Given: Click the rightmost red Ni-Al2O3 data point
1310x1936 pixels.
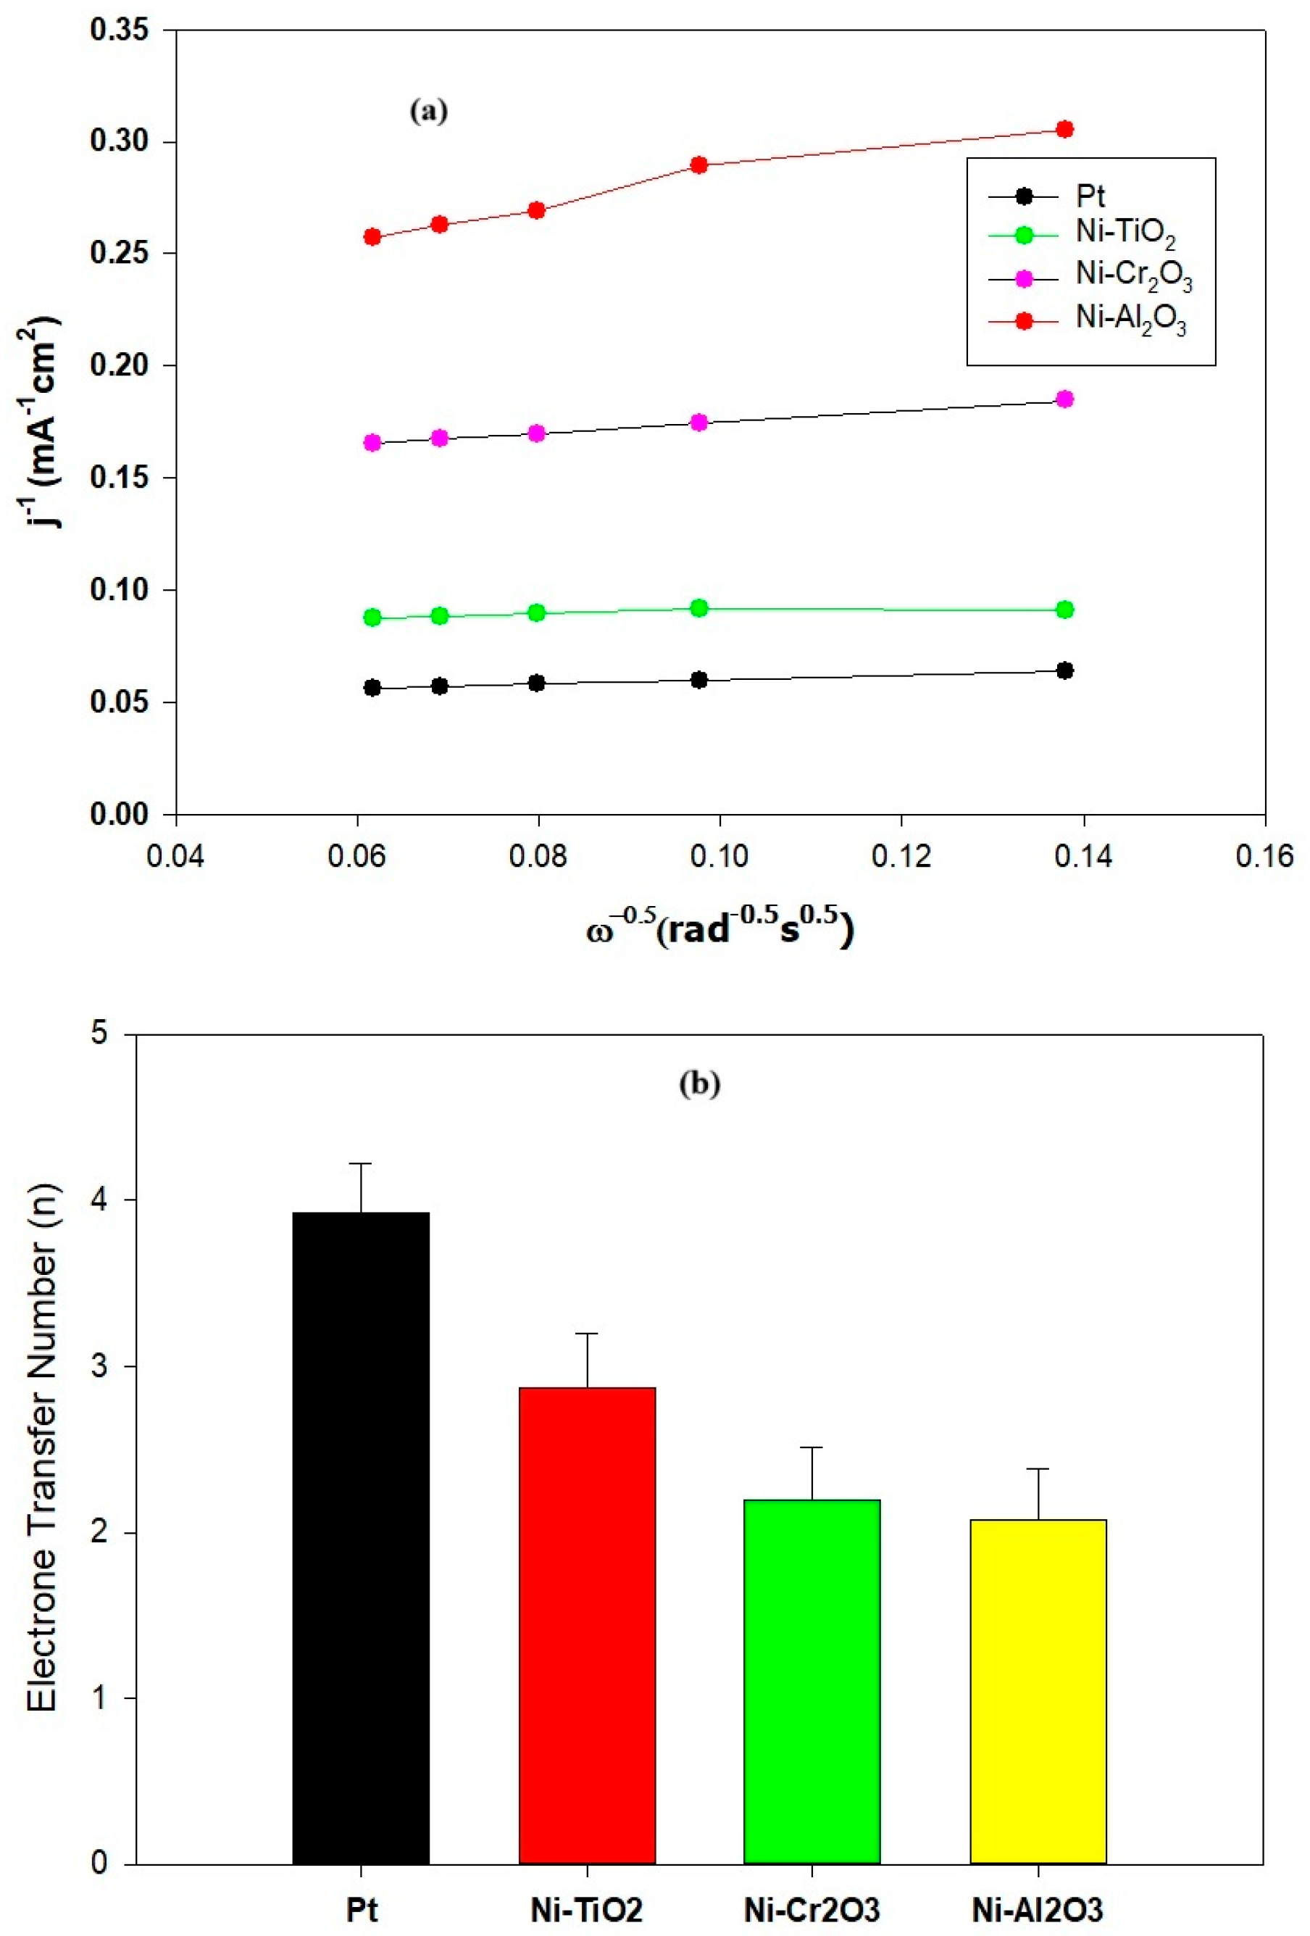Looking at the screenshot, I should [1064, 129].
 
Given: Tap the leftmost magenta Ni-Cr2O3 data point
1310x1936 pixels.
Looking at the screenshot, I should [372, 442].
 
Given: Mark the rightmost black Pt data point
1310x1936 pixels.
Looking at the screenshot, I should [1064, 670].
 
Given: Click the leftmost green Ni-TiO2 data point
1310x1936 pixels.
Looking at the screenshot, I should [372, 618].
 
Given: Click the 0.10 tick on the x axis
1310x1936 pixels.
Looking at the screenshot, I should [719, 855].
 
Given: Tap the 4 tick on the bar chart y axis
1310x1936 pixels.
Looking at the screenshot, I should [100, 1200].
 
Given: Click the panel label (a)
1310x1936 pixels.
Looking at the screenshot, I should [429, 111].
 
